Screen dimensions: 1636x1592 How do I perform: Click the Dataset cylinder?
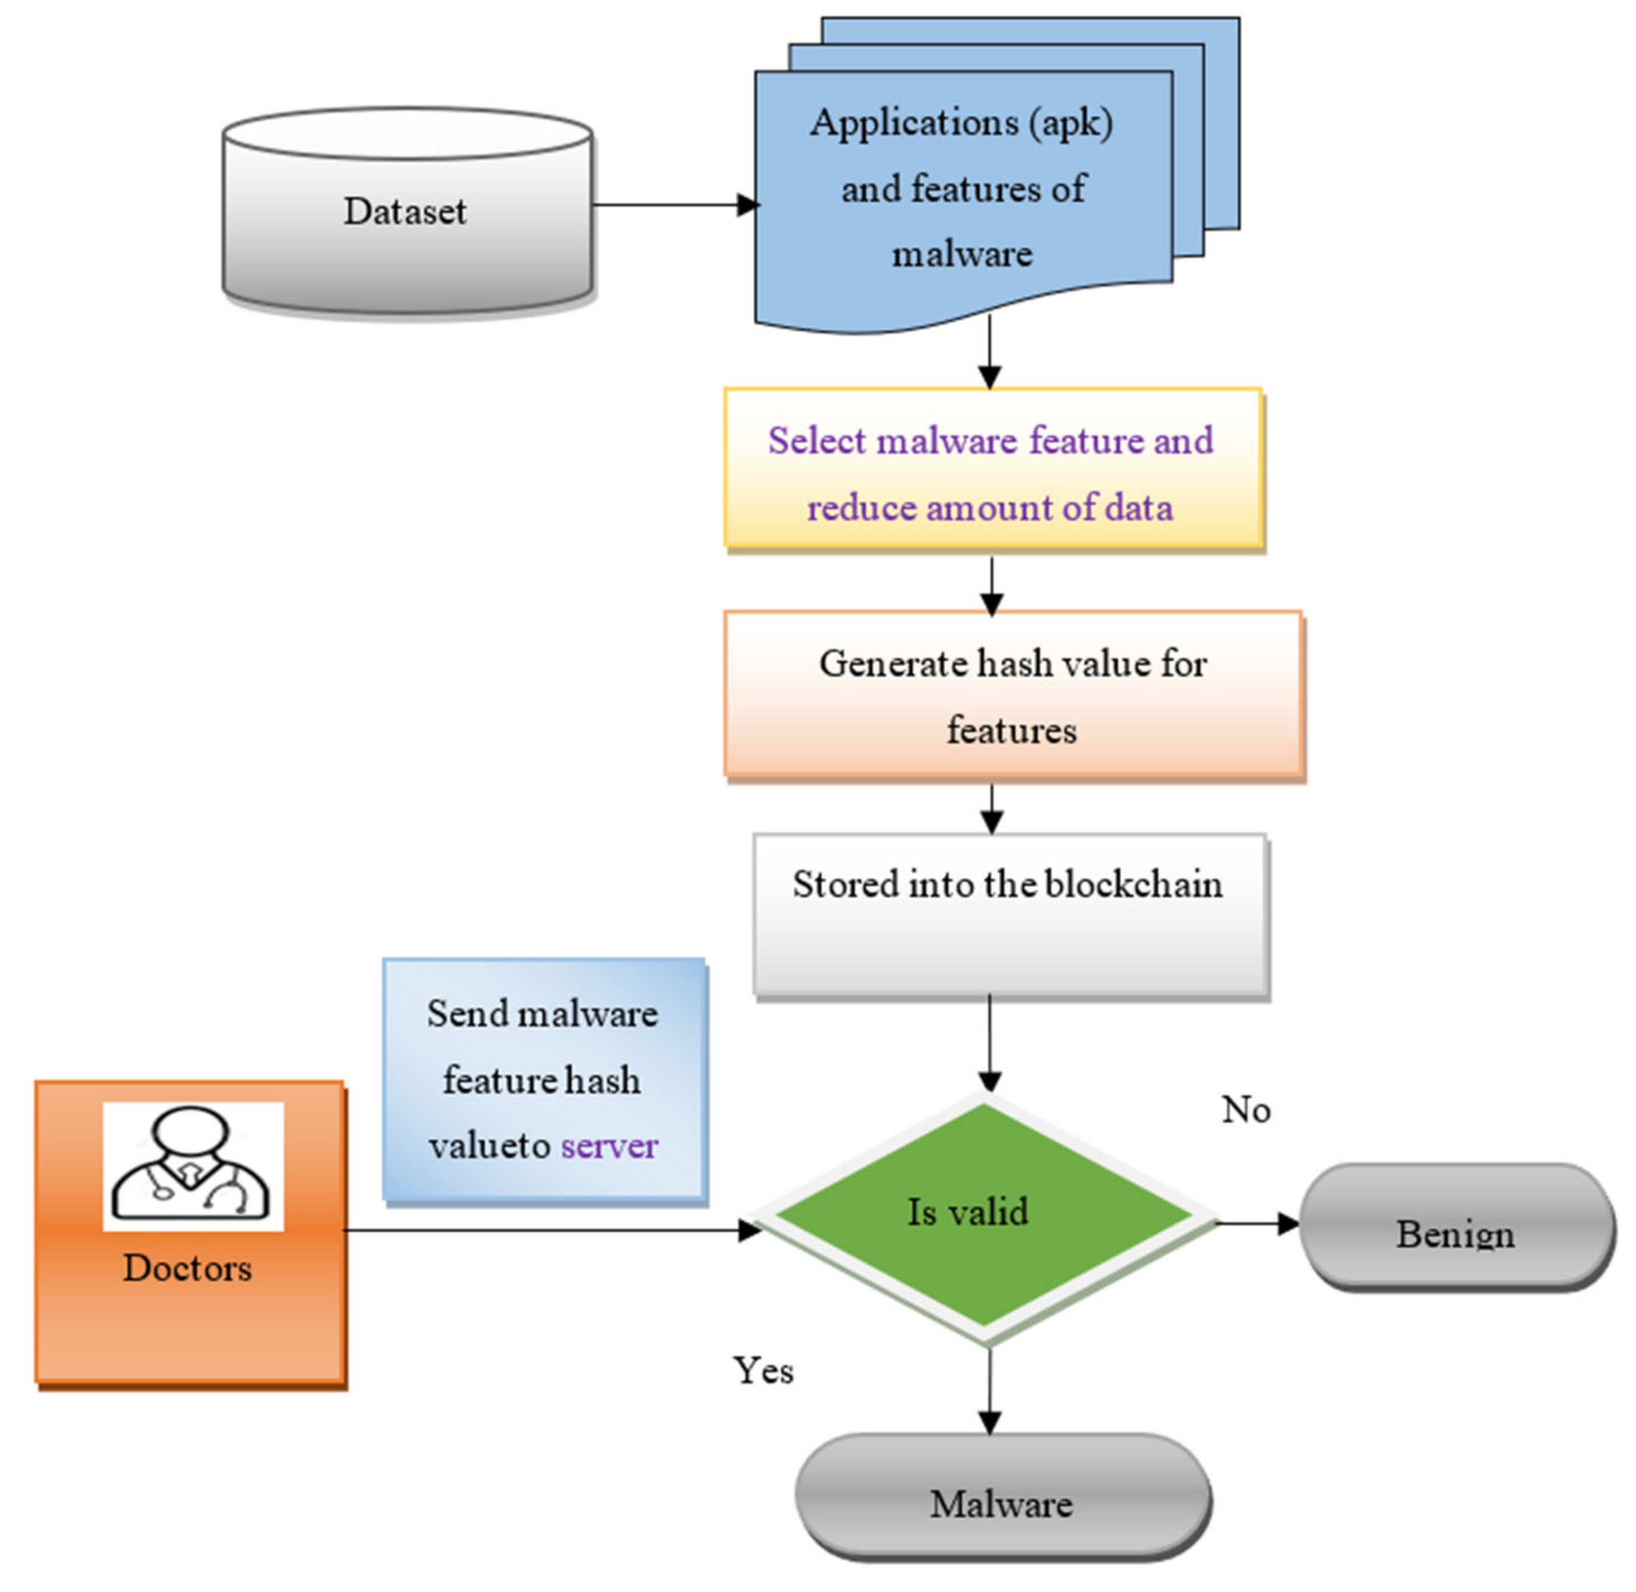tap(407, 211)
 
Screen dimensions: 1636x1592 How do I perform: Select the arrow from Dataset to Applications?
tap(676, 205)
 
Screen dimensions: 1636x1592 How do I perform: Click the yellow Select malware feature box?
tap(993, 468)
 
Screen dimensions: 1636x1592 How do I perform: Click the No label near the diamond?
tap(1246, 1110)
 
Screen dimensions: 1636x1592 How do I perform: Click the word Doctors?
tap(187, 1268)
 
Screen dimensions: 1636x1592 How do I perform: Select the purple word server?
tap(609, 1146)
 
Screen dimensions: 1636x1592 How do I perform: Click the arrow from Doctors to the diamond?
tap(552, 1230)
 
